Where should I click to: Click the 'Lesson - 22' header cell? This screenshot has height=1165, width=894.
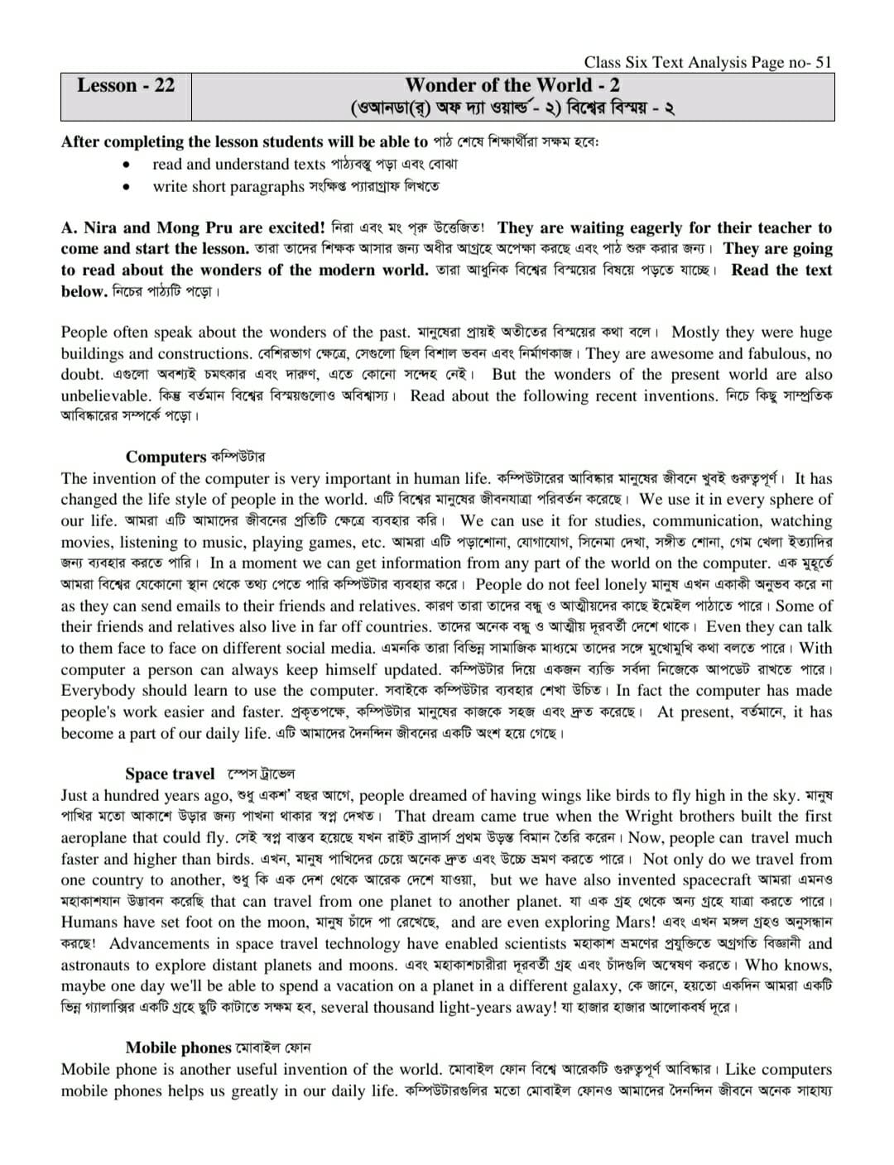[126, 86]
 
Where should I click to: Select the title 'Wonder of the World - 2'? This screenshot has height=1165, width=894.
[512, 85]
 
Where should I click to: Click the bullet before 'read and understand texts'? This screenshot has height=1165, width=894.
[127, 165]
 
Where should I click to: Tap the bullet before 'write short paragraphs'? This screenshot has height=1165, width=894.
[127, 187]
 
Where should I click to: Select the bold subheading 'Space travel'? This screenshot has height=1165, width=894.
[170, 774]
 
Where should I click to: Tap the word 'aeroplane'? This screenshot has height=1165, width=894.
[94, 838]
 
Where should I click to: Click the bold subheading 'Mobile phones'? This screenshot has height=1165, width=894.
[178, 1048]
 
